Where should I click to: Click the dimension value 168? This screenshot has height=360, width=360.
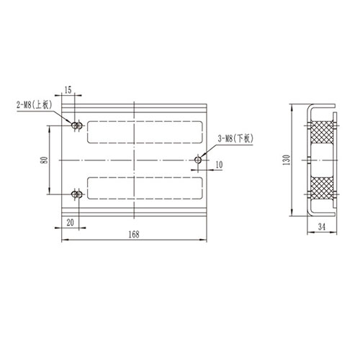coord(133,234)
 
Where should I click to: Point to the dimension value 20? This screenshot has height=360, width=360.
coord(69,222)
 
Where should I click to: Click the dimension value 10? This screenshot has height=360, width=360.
coord(219,166)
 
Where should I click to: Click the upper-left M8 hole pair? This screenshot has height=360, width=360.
coord(76,125)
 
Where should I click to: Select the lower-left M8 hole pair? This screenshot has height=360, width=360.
coord(76,194)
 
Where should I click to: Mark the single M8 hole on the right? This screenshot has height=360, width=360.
coord(199,159)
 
